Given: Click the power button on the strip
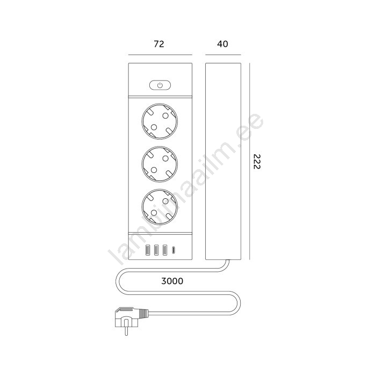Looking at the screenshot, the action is click(x=160, y=85).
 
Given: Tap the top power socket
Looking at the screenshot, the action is click(x=160, y=121).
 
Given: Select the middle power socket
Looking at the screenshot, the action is click(x=160, y=164).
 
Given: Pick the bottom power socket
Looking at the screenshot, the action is click(x=160, y=207).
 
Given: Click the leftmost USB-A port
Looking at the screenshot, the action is click(x=148, y=250).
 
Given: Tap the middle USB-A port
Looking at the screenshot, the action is click(x=156, y=250).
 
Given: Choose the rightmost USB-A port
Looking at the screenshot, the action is click(x=165, y=250).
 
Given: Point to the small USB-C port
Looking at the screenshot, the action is click(x=173, y=250).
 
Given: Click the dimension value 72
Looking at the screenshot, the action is click(x=159, y=44).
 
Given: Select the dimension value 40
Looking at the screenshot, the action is click(x=222, y=44).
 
